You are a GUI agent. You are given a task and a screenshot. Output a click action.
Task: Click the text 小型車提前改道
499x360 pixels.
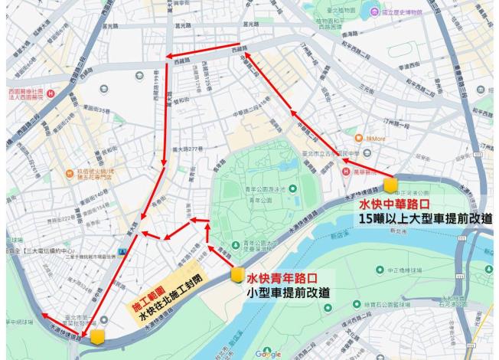click(x=289, y=293)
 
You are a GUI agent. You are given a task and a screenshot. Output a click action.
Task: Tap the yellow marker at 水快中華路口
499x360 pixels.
click(x=390, y=185)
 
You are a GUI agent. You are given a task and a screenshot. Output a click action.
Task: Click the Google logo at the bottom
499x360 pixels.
click(x=268, y=354)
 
